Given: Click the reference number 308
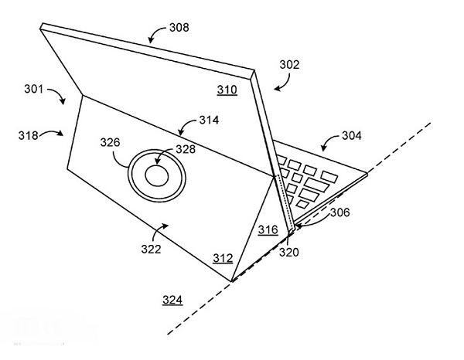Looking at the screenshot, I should click(179, 29).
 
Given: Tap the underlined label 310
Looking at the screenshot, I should click(227, 90).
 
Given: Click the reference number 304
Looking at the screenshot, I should click(351, 137).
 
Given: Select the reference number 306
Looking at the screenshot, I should click(340, 210).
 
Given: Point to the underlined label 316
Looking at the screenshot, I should click(268, 229).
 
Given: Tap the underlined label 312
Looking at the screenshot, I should click(223, 257).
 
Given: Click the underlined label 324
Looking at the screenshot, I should click(172, 300).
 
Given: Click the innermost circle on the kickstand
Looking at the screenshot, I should click(157, 176).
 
